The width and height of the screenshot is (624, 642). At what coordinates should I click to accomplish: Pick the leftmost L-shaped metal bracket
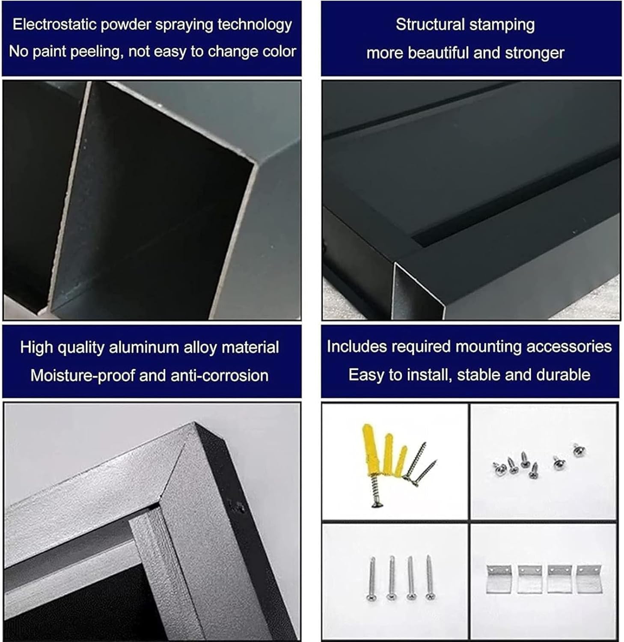499,579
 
